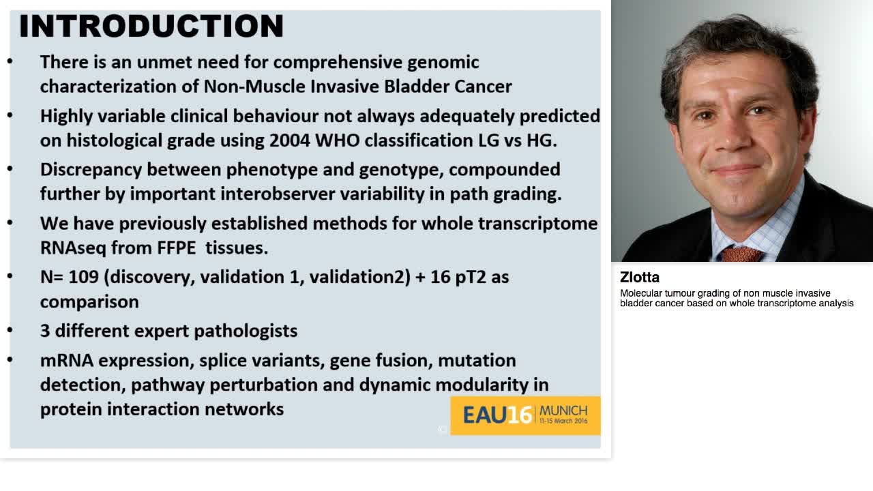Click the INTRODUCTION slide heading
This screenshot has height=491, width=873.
pyautogui.click(x=151, y=27)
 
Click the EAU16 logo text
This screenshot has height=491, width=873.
pyautogui.click(x=497, y=415)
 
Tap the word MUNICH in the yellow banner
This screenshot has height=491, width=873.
pyautogui.click(x=563, y=411)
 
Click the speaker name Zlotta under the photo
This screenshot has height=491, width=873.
pyautogui.click(x=640, y=278)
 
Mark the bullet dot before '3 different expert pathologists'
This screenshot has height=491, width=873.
pyautogui.click(x=10, y=331)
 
